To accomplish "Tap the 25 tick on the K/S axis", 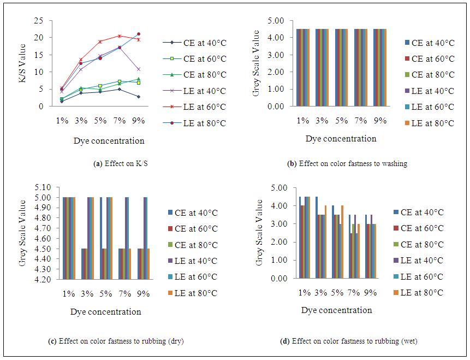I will coord(39,21).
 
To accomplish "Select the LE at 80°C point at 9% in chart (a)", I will coord(138,34).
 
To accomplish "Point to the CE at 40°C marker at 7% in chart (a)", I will coord(119,89).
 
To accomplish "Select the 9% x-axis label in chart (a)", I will coord(138,120).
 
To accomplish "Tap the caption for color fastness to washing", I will coord(347,163).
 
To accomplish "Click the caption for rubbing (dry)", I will coord(116,342).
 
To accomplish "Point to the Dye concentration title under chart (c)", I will coord(105,312).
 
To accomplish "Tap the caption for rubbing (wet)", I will coord(348,342).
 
